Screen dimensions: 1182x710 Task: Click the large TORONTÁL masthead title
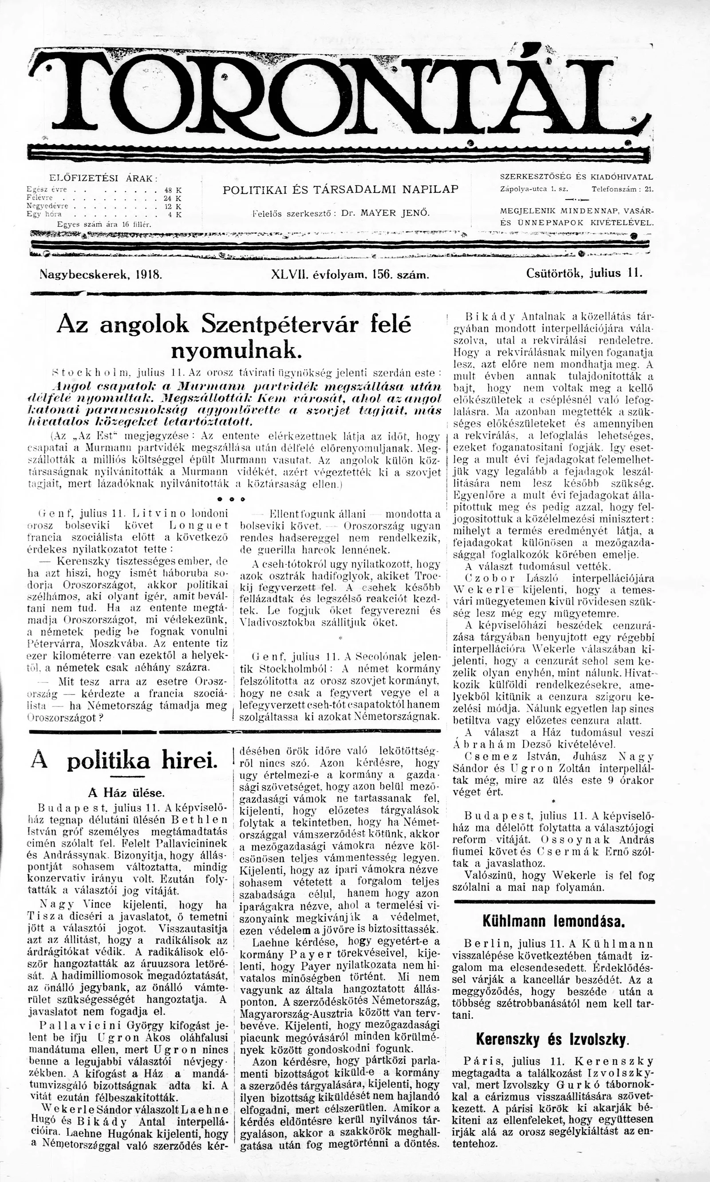point(337,93)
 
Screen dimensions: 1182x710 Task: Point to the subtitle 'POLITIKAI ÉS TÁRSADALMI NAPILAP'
point(341,189)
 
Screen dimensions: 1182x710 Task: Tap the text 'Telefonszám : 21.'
point(622,189)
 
